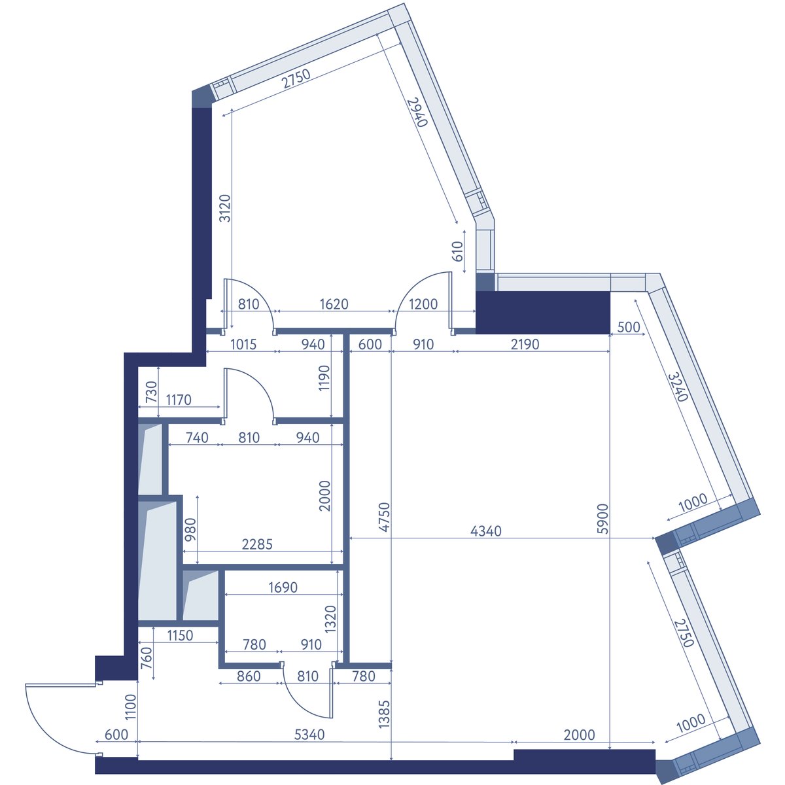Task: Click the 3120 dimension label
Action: pyautogui.click(x=225, y=208)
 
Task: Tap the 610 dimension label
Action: pyautogui.click(x=457, y=251)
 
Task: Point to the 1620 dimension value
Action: pyautogui.click(x=334, y=304)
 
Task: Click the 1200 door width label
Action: pyautogui.click(x=423, y=304)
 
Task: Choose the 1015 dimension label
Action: pyautogui.click(x=243, y=344)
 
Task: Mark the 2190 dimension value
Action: pyautogui.click(x=525, y=344)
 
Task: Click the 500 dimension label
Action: pyautogui.click(x=629, y=326)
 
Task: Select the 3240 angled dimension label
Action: pyautogui.click(x=678, y=386)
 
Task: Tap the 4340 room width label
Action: pyautogui.click(x=485, y=531)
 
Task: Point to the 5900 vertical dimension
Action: pyautogui.click(x=602, y=519)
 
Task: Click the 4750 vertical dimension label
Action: pyautogui.click(x=384, y=517)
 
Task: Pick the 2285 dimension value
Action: pyautogui.click(x=257, y=544)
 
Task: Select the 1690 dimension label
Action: pyautogui.click(x=283, y=587)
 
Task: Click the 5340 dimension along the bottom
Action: pyautogui.click(x=309, y=735)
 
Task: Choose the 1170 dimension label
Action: pyautogui.click(x=179, y=400)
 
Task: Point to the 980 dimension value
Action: pyautogui.click(x=190, y=529)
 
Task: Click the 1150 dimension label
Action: pyautogui.click(x=180, y=635)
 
